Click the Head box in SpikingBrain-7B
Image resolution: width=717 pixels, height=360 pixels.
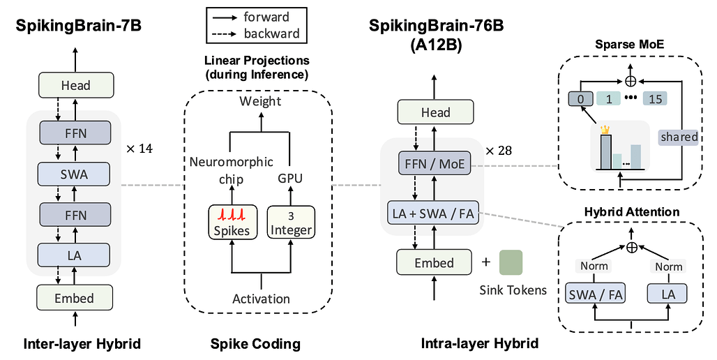click(x=75, y=85)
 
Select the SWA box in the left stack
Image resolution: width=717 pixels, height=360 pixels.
click(x=75, y=174)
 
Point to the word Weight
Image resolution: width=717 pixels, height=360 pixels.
click(x=260, y=101)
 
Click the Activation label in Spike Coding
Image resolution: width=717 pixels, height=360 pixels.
click(x=261, y=299)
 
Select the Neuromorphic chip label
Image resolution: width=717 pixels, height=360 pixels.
click(x=230, y=170)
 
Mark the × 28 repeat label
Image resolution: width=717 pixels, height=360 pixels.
click(x=499, y=151)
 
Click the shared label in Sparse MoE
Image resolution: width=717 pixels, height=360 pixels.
click(x=679, y=137)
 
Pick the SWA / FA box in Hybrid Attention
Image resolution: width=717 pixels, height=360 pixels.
click(x=595, y=294)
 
